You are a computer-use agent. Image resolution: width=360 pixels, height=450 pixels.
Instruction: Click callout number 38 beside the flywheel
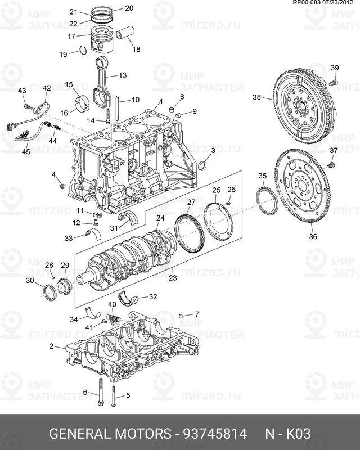click(x=256, y=97)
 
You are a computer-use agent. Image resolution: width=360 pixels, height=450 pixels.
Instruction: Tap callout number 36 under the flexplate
click(x=313, y=236)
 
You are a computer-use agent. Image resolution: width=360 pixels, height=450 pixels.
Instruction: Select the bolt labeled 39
click(x=333, y=83)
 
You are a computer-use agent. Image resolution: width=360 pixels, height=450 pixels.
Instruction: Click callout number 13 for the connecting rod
click(x=122, y=74)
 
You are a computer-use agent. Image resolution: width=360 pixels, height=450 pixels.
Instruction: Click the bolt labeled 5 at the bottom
click(x=114, y=397)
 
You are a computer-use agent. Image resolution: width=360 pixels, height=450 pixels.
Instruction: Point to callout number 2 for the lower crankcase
click(x=51, y=346)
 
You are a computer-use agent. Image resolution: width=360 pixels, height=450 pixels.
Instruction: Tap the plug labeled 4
click(x=62, y=186)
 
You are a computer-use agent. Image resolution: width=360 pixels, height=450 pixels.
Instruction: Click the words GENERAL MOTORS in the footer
click(x=109, y=434)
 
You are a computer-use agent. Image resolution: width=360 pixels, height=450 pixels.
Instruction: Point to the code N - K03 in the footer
click(x=287, y=434)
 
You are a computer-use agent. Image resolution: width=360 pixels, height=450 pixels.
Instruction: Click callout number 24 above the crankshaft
click(x=160, y=218)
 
